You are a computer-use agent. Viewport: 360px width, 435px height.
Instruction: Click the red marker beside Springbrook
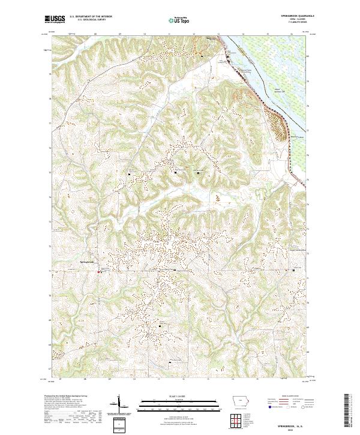99,271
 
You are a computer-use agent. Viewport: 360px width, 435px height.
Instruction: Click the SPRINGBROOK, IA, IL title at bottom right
291,423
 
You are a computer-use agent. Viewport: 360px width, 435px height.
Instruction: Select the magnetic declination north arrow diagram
120,405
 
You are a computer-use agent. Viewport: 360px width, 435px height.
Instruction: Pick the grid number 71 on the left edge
50,271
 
